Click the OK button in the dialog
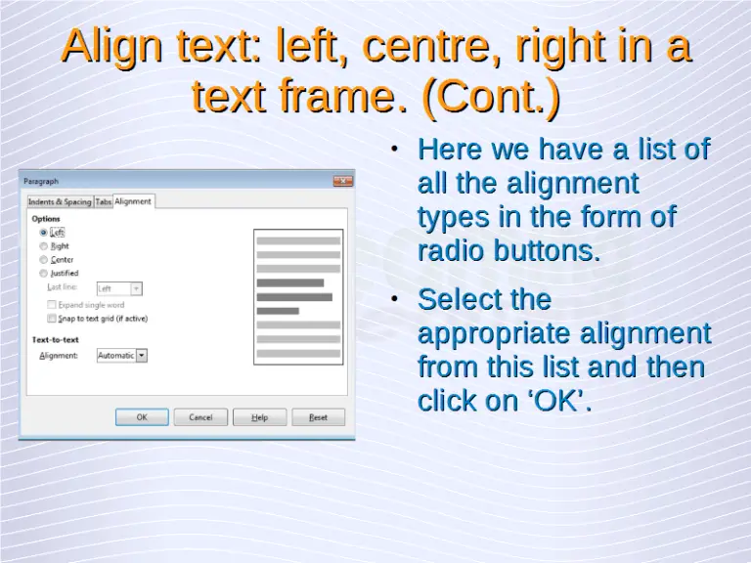point(142,417)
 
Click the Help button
point(259,417)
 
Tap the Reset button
point(318,417)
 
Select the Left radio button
point(43,233)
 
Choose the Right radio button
point(43,246)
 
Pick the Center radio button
point(43,260)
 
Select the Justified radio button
point(43,274)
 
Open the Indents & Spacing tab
point(60,202)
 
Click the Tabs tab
point(103,202)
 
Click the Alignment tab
point(133,201)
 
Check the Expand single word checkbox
point(52,305)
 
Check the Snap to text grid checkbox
point(52,319)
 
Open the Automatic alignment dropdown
point(141,356)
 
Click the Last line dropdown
point(136,288)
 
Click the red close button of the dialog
point(342,181)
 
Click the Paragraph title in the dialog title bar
point(41,181)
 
